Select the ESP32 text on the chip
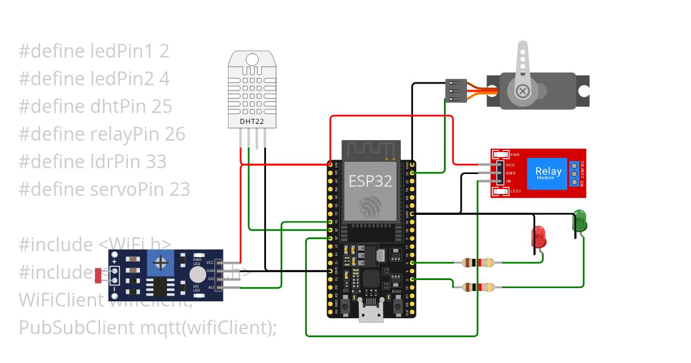(370, 181)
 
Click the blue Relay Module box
(548, 173)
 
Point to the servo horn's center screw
(523, 91)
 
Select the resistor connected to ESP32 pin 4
(477, 263)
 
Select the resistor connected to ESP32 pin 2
(477, 287)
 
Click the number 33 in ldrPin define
(155, 162)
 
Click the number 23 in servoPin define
(179, 189)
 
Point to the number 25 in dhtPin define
(162, 107)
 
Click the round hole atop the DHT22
(252, 59)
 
